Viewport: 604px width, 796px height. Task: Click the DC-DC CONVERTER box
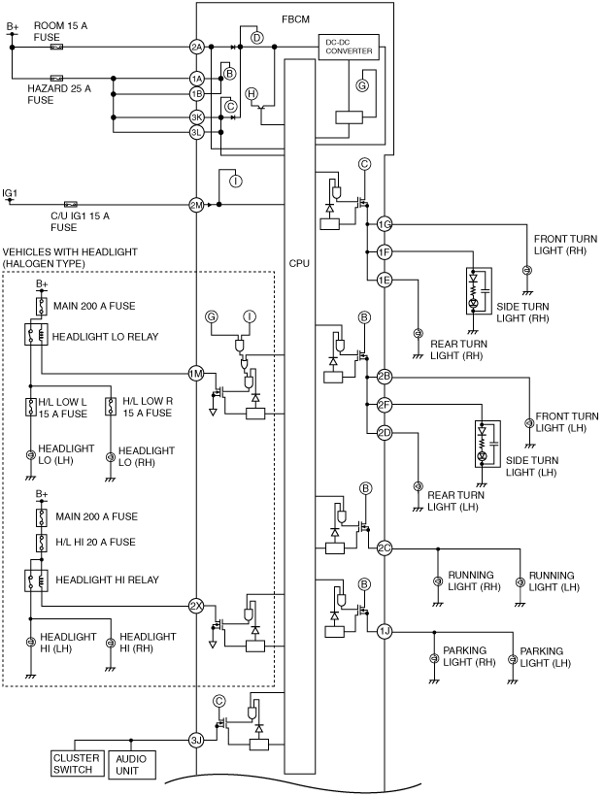pyautogui.click(x=349, y=47)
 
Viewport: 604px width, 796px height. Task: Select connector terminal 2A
pyautogui.click(x=196, y=48)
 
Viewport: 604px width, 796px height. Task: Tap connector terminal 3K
pyautogui.click(x=196, y=117)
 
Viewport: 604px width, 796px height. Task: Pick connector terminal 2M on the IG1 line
pyautogui.click(x=196, y=205)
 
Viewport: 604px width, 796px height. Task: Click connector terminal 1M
pyautogui.click(x=196, y=374)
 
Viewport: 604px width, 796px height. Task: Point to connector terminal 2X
pyautogui.click(x=196, y=606)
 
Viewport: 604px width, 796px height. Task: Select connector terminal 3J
pyautogui.click(x=196, y=740)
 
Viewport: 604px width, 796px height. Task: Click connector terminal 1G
pyautogui.click(x=385, y=224)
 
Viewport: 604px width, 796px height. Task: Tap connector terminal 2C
pyautogui.click(x=385, y=548)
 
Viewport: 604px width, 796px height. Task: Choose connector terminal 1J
pyautogui.click(x=385, y=632)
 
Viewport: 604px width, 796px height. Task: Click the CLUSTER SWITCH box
pyautogui.click(x=77, y=764)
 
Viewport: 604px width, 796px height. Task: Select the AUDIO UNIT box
pyautogui.click(x=131, y=765)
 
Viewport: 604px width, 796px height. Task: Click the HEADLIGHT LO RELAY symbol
pyautogui.click(x=36, y=335)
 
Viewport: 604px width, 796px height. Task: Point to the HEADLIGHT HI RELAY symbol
pyautogui.click(x=36, y=580)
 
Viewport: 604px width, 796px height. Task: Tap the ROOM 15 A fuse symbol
pyautogui.click(x=56, y=48)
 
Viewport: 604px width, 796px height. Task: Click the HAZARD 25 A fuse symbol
pyautogui.click(x=56, y=79)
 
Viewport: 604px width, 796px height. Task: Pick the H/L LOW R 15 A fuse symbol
pyautogui.click(x=111, y=407)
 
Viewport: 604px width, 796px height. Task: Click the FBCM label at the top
pyautogui.click(x=295, y=19)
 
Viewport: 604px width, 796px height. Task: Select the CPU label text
pyautogui.click(x=299, y=263)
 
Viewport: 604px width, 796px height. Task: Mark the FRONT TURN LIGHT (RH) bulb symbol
pyautogui.click(x=527, y=270)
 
